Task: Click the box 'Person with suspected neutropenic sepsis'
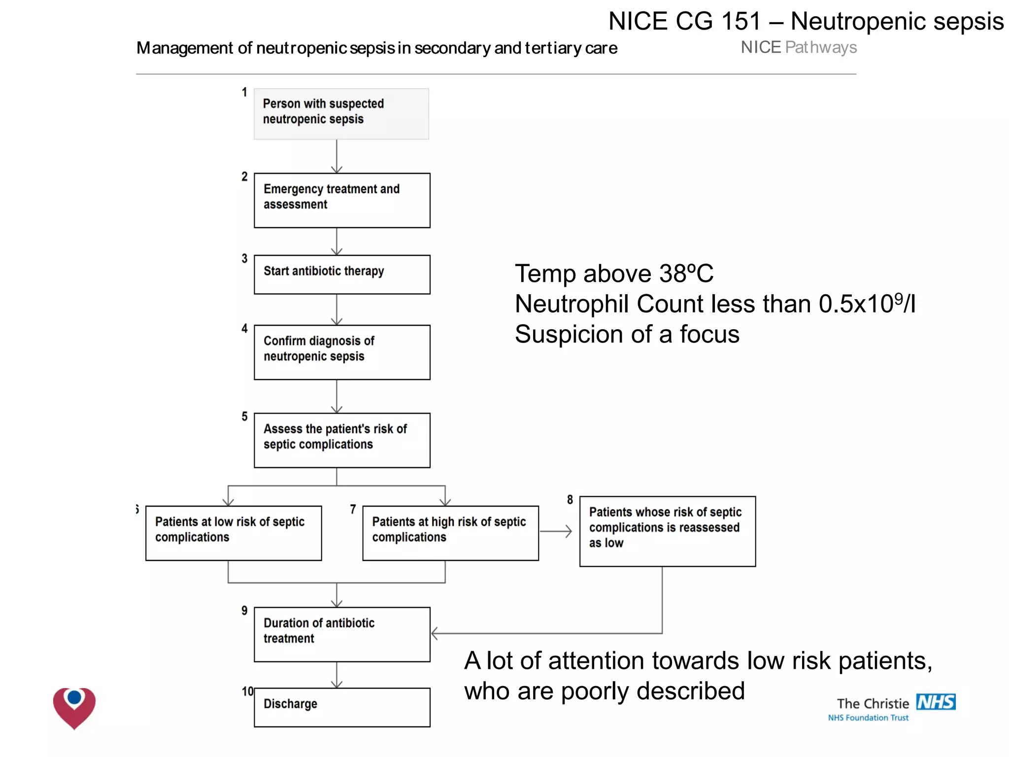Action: click(x=341, y=114)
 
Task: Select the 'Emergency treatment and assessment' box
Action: click(x=342, y=200)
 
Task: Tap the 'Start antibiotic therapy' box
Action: click(x=342, y=275)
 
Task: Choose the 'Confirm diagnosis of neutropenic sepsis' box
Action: click(x=342, y=352)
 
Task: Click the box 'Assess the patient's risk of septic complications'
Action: click(x=342, y=440)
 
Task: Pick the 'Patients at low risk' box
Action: click(x=234, y=533)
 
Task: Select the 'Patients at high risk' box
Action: click(x=450, y=533)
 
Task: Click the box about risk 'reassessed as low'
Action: click(x=667, y=531)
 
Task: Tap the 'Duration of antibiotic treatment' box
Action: click(x=342, y=634)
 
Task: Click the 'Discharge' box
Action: click(x=342, y=707)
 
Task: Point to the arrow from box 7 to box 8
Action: click(x=556, y=531)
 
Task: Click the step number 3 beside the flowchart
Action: click(x=244, y=258)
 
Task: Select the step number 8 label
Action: click(x=570, y=499)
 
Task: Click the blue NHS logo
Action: click(x=935, y=701)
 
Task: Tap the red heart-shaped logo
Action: click(x=74, y=708)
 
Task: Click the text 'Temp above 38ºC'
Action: click(x=614, y=274)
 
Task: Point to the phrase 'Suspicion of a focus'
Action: click(x=627, y=334)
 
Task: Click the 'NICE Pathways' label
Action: click(x=799, y=47)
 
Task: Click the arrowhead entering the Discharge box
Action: click(x=336, y=685)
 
